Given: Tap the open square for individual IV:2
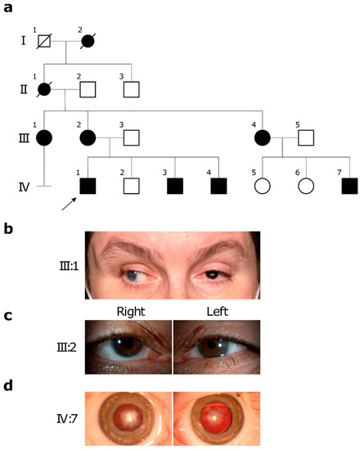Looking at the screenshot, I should point(124,185).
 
